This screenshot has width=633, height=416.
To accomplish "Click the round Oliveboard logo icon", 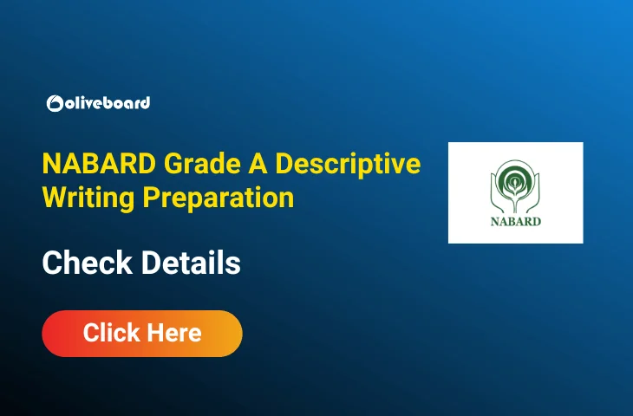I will click(55, 103).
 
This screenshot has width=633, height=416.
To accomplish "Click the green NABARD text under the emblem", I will click(515, 221).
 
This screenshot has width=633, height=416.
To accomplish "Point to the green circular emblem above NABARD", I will click(515, 179).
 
